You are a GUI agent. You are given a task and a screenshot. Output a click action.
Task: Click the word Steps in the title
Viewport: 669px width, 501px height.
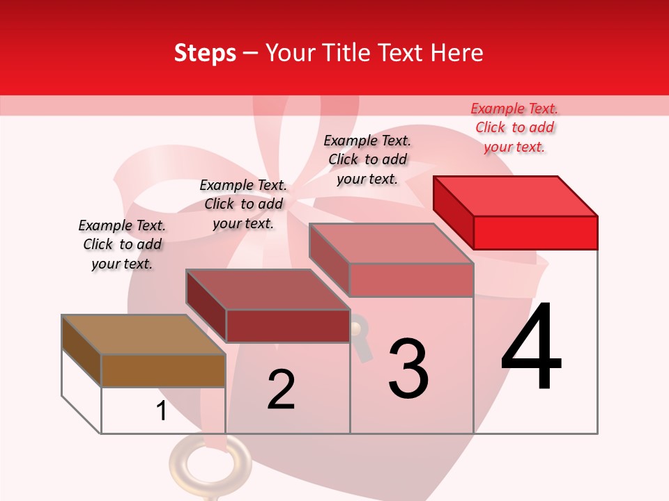[205, 53]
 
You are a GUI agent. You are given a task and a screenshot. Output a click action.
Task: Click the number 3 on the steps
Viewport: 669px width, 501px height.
[408, 368]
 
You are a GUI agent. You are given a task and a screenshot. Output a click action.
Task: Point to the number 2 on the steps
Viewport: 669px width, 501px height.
[282, 390]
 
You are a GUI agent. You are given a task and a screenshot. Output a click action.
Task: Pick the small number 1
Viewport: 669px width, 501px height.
[162, 411]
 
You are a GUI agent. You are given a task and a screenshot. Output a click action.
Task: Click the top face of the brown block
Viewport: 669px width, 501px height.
[144, 335]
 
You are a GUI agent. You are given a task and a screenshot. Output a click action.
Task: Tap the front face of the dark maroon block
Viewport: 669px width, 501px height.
[288, 326]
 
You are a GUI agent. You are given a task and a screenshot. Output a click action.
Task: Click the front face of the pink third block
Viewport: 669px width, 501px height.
[411, 280]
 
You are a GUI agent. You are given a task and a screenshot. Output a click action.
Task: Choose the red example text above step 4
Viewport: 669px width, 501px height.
[514, 128]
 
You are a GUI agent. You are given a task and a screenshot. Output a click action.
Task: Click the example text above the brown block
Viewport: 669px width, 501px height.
[122, 245]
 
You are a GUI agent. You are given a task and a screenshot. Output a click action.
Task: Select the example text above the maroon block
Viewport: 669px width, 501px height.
[243, 205]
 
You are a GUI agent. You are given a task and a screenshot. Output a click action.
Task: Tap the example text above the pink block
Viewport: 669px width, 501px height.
[367, 160]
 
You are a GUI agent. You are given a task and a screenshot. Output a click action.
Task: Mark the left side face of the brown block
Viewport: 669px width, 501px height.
[82, 350]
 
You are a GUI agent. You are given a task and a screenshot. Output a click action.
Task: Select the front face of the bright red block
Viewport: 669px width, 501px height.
[535, 232]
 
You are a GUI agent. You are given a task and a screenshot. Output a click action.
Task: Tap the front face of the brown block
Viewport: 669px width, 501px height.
[163, 370]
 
